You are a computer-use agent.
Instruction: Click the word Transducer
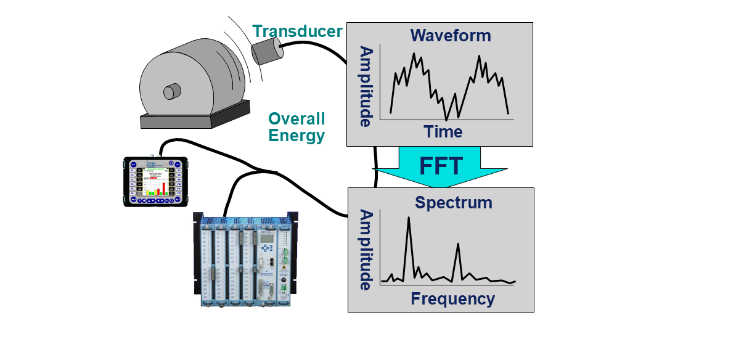point(297,31)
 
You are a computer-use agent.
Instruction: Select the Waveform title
point(451,36)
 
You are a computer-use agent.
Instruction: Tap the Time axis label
point(443,131)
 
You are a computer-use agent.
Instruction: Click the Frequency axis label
point(452,299)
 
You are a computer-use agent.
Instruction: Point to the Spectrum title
point(453,202)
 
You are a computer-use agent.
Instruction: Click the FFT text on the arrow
point(440,166)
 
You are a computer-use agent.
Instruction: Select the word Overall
point(296,119)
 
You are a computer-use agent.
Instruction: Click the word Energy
point(297,136)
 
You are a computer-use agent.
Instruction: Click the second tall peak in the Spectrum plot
point(458,244)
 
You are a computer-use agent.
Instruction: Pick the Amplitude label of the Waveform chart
point(366,86)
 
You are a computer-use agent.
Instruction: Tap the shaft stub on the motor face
point(171,92)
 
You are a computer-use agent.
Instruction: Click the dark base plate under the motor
point(194,117)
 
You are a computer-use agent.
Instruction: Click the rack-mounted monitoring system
point(245,259)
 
